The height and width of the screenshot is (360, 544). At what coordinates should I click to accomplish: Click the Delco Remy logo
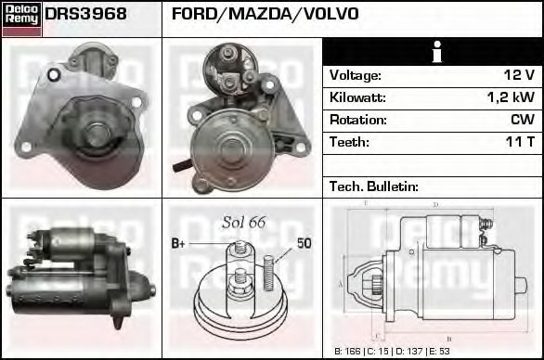pos(21,18)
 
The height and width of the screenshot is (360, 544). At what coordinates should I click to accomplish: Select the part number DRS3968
pos(85,15)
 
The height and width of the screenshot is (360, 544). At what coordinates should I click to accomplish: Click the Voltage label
pos(355,75)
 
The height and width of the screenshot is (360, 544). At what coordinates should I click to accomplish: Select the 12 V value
pos(517,75)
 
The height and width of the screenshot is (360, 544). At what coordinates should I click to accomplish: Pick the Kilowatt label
pos(357,97)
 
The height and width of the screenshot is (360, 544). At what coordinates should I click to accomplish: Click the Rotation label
pos(356,120)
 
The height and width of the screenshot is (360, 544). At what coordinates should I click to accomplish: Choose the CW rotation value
pos(522,120)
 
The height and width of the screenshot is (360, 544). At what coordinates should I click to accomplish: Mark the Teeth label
pos(349,142)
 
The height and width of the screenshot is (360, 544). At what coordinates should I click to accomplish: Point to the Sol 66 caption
pos(243,223)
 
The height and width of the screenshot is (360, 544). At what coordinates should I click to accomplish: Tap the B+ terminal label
pos(179,244)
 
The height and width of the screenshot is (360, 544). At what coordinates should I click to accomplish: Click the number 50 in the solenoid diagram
pos(304,244)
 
